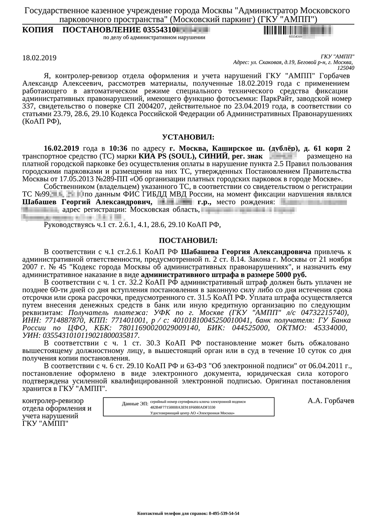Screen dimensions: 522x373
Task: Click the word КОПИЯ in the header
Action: click(x=38, y=30)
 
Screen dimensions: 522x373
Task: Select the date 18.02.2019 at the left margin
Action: click(x=39, y=58)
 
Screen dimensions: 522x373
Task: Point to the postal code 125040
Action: click(x=345, y=68)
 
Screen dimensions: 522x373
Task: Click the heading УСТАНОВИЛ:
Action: click(x=188, y=137)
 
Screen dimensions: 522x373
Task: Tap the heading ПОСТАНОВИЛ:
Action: click(x=188, y=240)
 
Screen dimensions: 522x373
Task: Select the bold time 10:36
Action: click(x=118, y=148)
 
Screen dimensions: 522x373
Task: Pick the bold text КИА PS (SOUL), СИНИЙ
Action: click(x=183, y=156)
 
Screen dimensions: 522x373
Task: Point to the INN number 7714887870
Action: click(x=64, y=320)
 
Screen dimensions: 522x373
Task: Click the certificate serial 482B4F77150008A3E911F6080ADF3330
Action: click(x=183, y=408)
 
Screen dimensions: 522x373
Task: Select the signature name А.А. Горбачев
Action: click(x=331, y=401)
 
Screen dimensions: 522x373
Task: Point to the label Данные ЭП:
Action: click(x=135, y=404)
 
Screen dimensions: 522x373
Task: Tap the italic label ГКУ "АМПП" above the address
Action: click(x=338, y=56)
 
